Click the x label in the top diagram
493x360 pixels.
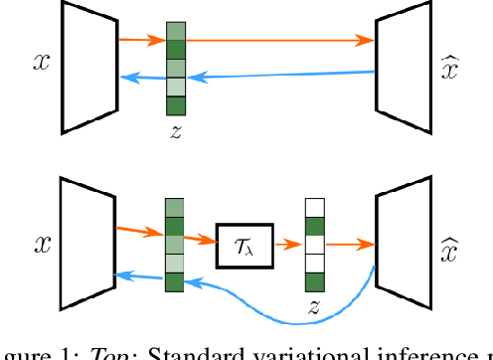click(x=41, y=62)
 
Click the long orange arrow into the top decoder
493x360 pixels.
click(x=278, y=41)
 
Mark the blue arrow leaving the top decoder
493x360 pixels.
click(x=278, y=74)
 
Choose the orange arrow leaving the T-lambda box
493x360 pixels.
click(x=288, y=245)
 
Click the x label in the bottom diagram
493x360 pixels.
click(x=41, y=242)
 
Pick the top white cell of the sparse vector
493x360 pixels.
click(x=315, y=208)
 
